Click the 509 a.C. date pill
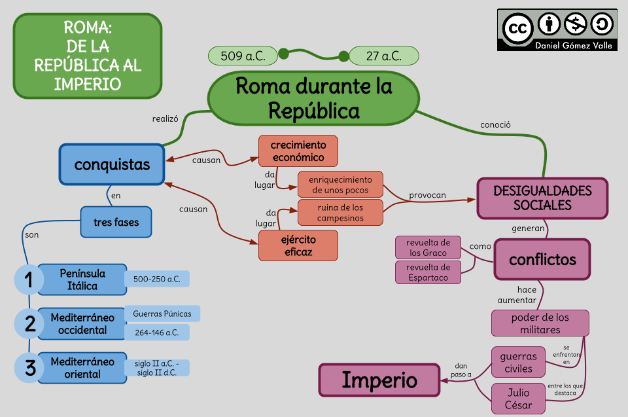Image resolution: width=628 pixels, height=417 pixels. click(x=243, y=56)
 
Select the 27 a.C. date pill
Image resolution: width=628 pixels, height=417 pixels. click(x=384, y=56)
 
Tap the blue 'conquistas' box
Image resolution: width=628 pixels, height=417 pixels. click(x=112, y=164)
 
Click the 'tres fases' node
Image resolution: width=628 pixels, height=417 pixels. click(x=116, y=222)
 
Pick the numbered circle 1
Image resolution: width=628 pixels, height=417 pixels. click(x=29, y=280)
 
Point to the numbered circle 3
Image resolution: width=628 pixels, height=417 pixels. click(x=29, y=367)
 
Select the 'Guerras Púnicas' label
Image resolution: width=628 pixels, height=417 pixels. click(x=162, y=314)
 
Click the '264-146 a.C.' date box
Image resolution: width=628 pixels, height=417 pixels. click(x=156, y=333)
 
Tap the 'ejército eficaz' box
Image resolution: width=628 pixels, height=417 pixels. click(x=298, y=245)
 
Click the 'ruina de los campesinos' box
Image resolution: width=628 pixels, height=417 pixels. click(x=340, y=213)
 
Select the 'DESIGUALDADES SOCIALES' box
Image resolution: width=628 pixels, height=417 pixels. click(x=542, y=198)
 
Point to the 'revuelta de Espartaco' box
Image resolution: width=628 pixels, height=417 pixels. click(x=428, y=272)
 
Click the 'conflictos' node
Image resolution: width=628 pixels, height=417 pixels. click(x=542, y=259)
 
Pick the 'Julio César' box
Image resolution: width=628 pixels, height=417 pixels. click(x=517, y=399)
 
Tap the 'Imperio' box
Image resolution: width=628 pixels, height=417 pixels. click(x=379, y=380)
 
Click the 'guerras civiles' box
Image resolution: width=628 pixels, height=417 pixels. click(x=517, y=362)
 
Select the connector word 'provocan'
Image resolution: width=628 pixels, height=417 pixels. click(x=427, y=195)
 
